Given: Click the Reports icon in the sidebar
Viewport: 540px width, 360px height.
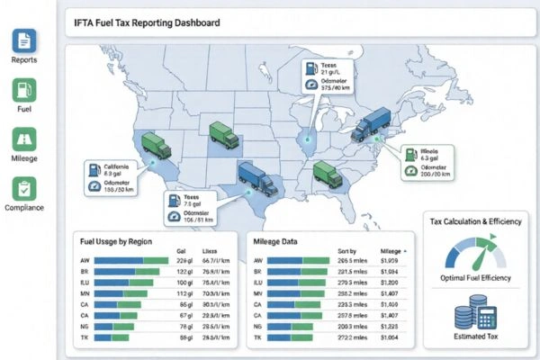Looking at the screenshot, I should [24, 40].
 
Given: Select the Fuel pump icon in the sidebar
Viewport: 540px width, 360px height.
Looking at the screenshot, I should [24, 90].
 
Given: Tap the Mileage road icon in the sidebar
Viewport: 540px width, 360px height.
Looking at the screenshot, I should [24, 139].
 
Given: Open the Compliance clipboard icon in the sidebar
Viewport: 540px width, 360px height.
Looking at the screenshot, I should [24, 189].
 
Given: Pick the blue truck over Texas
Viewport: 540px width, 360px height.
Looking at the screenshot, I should [256, 178].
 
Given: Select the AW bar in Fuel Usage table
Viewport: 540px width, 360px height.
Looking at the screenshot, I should [131, 261].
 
